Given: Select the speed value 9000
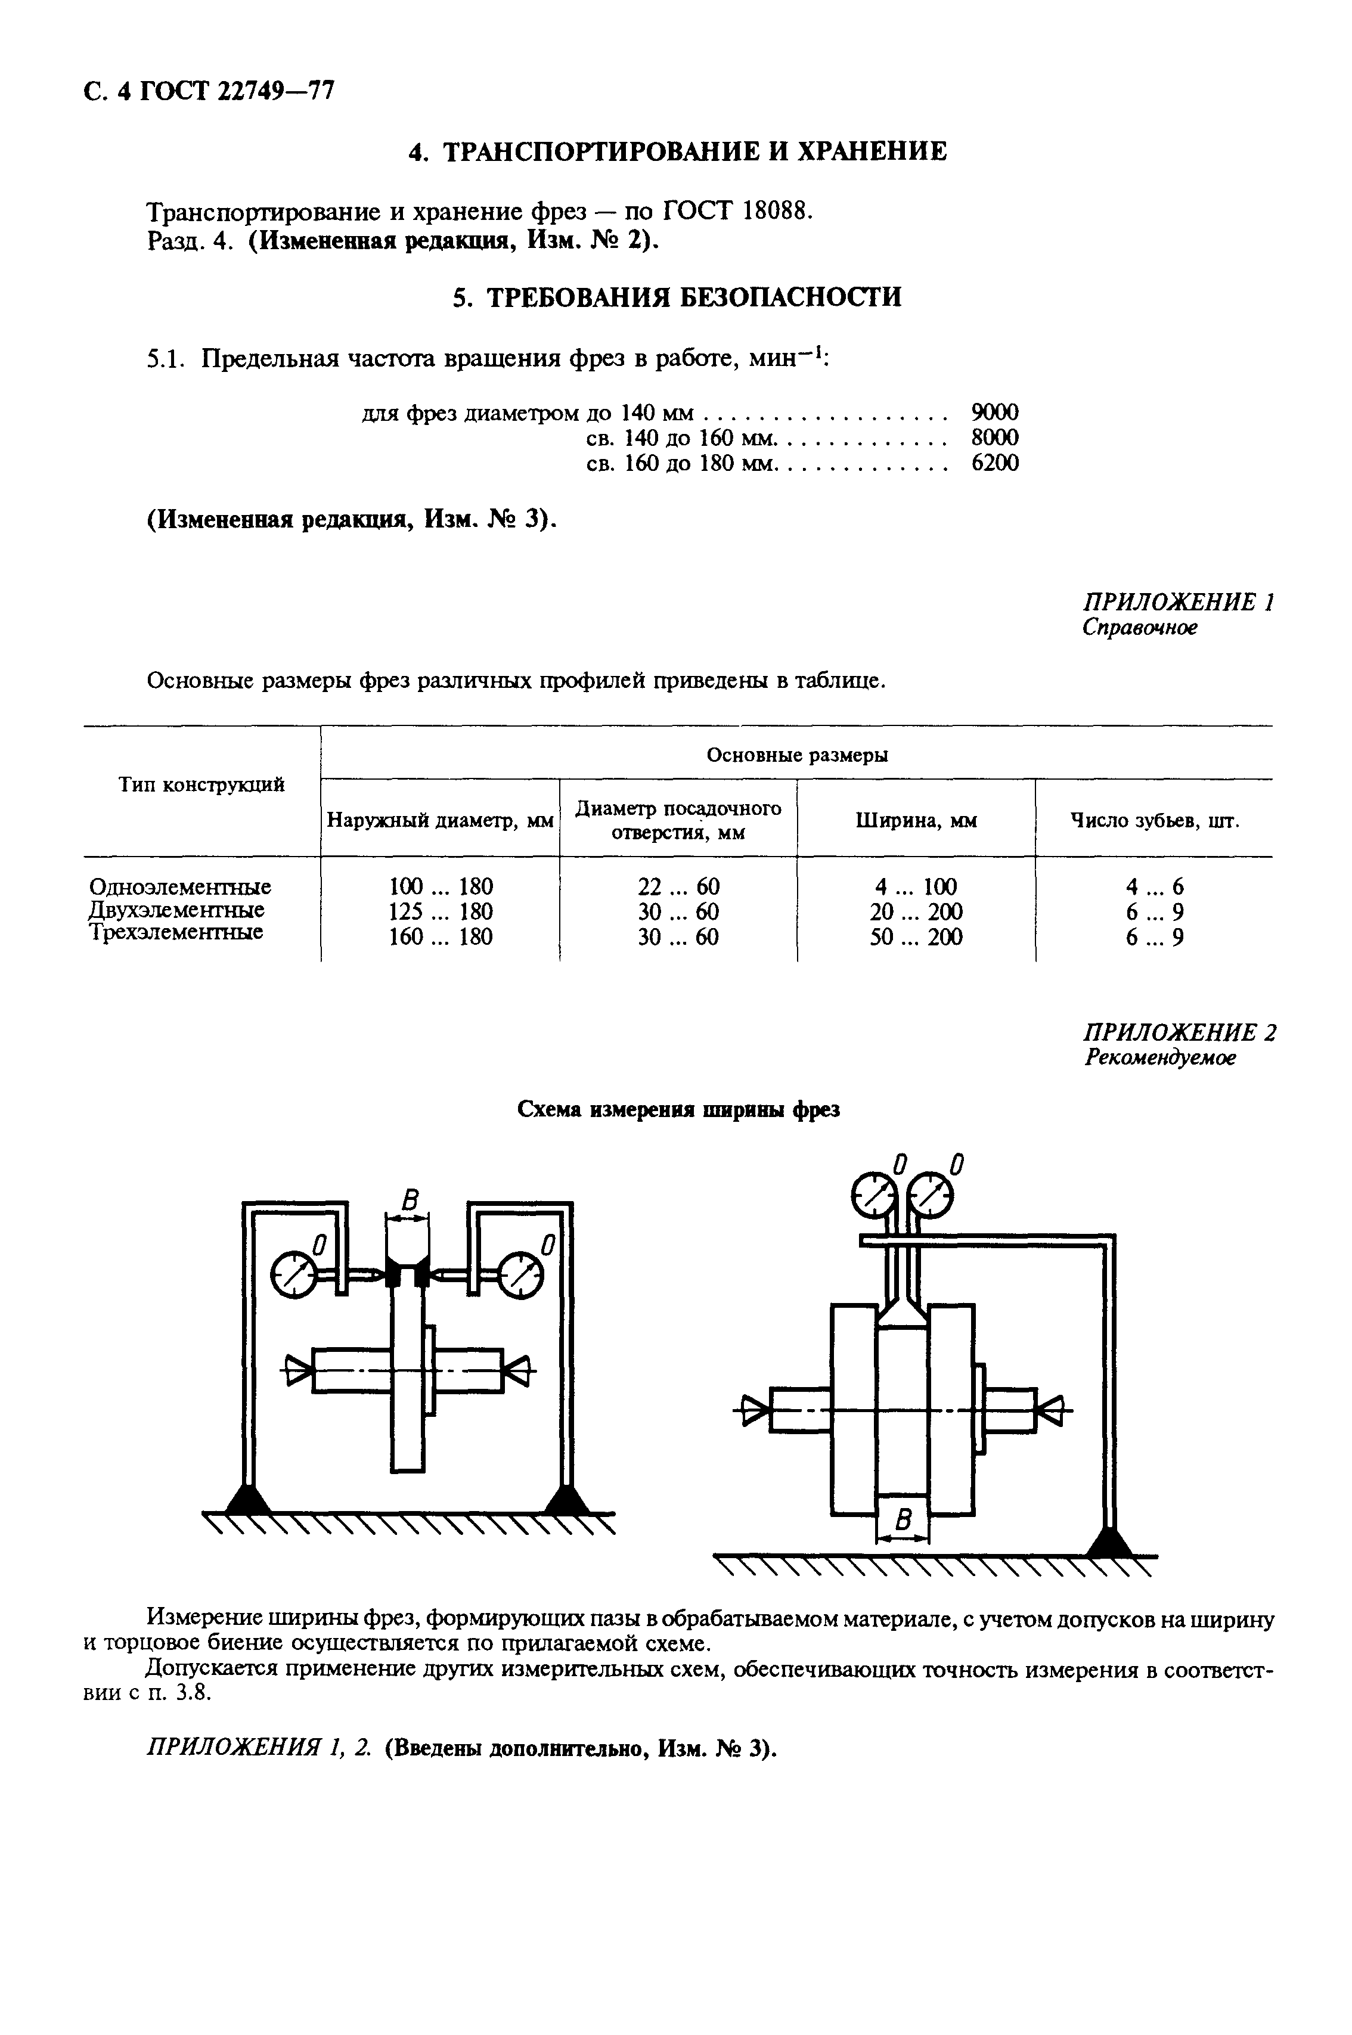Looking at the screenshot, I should tap(994, 411).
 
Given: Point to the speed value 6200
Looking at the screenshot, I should tap(994, 464).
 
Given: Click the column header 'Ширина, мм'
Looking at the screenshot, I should tap(916, 821).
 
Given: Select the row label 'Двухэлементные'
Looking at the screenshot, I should tap(177, 910).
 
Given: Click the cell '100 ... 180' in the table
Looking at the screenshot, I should tap(441, 886).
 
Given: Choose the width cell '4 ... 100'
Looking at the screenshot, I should tap(916, 886).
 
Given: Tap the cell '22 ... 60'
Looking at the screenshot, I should tap(678, 886).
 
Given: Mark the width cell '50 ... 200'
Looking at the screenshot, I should tap(916, 937).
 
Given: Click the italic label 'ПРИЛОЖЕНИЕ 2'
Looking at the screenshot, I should tap(1179, 1032).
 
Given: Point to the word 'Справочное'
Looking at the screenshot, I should tap(1140, 628).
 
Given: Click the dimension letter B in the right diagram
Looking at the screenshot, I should tap(903, 1521).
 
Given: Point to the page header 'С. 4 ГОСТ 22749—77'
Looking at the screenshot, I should tap(209, 91).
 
